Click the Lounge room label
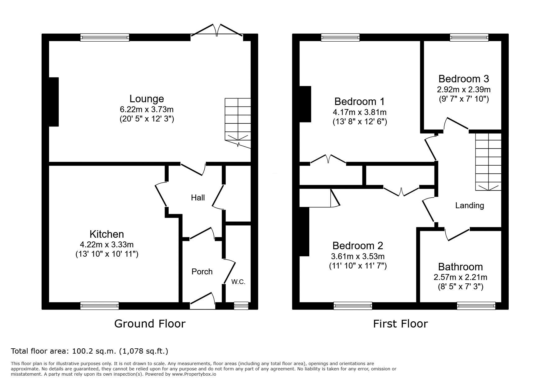pyautogui.click(x=147, y=99)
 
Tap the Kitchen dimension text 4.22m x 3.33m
pyautogui.click(x=107, y=245)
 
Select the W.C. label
pyautogui.click(x=238, y=282)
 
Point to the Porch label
pyautogui.click(x=202, y=272)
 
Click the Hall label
pyautogui.click(x=198, y=197)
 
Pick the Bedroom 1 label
pyautogui.click(x=359, y=101)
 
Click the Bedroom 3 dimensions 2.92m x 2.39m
pyautogui.click(x=464, y=89)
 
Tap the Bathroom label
pyautogui.click(x=460, y=267)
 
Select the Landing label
pyautogui.click(x=470, y=205)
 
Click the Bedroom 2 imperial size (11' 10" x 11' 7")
pyautogui.click(x=358, y=266)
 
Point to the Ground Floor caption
pyautogui.click(x=150, y=324)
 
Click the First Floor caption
pyautogui.click(x=400, y=324)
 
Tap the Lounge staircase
pyautogui.click(x=238, y=123)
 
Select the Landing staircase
pyautogui.click(x=488, y=162)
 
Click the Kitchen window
pyautogui.click(x=99, y=306)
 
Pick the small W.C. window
pyautogui.click(x=241, y=306)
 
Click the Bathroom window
pyautogui.click(x=476, y=306)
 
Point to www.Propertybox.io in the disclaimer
pyautogui.click(x=194, y=374)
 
